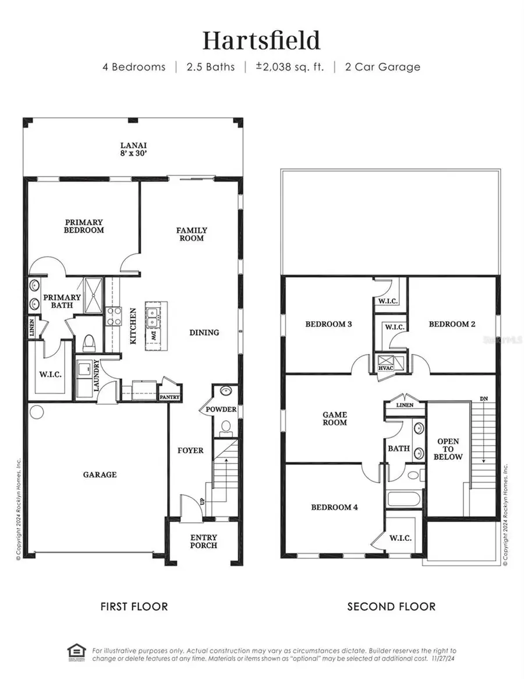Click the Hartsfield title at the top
[x=261, y=41]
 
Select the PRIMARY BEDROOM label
[x=84, y=226]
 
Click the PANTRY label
[x=169, y=397]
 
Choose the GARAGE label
[x=100, y=474]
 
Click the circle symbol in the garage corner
[x=37, y=411]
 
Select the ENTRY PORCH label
[x=204, y=541]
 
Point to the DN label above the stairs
[x=484, y=398]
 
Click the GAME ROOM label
[x=335, y=418]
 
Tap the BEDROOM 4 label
[x=335, y=507]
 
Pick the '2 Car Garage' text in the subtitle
[x=382, y=66]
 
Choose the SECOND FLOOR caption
[x=391, y=607]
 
